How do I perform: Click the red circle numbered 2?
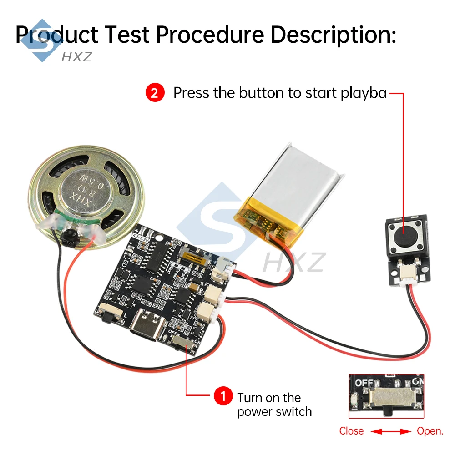click(155, 93)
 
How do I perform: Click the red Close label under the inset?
click(351, 431)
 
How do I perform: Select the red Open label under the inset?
click(430, 431)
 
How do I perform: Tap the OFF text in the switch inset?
click(364, 383)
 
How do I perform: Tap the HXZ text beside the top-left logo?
click(76, 57)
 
